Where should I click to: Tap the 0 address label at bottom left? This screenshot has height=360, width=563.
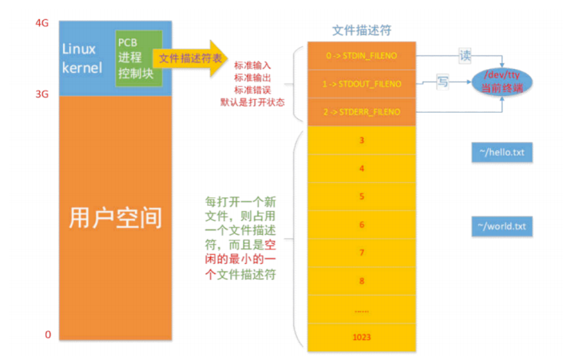pos(48,335)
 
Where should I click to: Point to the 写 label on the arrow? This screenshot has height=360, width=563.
pos(443,78)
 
